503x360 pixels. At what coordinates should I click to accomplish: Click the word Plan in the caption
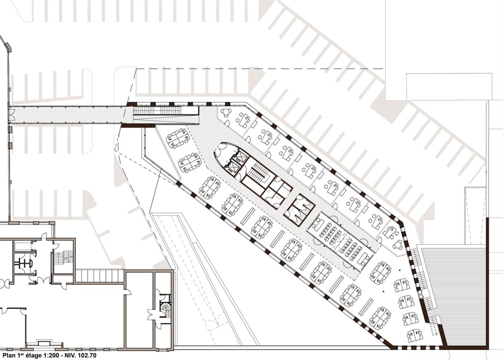click(x=9, y=355)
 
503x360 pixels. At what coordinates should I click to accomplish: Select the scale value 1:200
click(x=47, y=355)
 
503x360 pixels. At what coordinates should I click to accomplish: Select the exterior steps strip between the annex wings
click(x=99, y=276)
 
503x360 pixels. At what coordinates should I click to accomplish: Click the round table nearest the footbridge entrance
click(x=226, y=112)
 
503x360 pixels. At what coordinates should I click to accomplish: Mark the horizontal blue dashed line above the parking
click(x=260, y=69)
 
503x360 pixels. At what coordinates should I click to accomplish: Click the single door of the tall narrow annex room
click(x=128, y=292)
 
